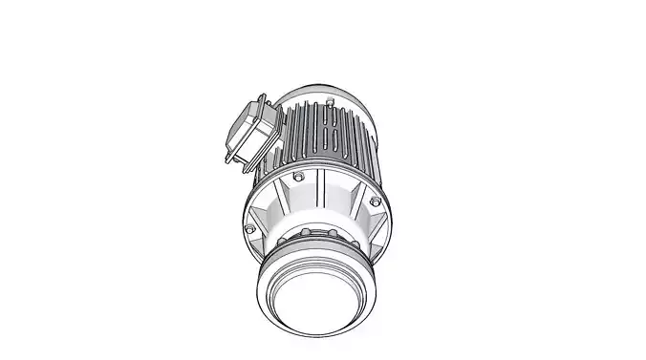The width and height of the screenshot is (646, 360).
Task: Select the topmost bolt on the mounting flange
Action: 300,178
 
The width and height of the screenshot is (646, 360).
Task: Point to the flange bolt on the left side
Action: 250,230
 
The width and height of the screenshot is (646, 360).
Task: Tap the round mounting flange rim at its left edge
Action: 243,215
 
